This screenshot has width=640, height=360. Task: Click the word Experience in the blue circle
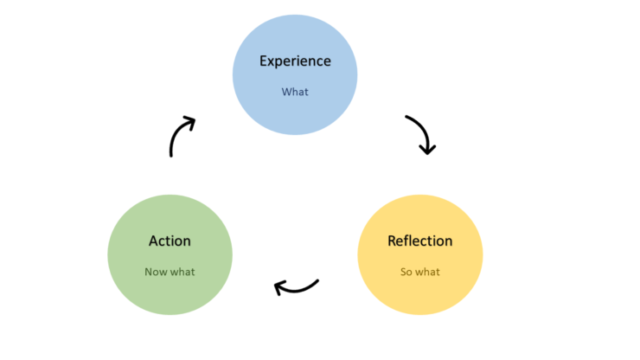[x=295, y=61]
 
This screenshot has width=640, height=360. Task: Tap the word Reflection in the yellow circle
[x=419, y=241]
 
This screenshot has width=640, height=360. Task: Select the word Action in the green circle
[x=170, y=241]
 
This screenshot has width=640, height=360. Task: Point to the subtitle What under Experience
[x=295, y=91]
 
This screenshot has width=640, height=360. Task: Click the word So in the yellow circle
[x=406, y=272]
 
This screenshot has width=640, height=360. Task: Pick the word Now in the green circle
[x=156, y=272]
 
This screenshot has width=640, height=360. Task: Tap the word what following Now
[x=182, y=272]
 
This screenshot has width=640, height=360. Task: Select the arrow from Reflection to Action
[x=297, y=286]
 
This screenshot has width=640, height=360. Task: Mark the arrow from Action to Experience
[x=179, y=136]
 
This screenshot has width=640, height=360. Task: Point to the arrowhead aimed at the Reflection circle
[x=427, y=149]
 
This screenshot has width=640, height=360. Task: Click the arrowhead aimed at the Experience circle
[x=189, y=122]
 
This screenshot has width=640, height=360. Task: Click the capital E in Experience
[x=264, y=61]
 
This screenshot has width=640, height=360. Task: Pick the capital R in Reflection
[x=392, y=241]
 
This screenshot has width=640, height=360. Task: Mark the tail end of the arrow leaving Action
[x=171, y=156]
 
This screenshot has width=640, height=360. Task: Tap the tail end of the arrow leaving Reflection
[x=318, y=280]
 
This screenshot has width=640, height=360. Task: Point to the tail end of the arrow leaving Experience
[x=406, y=117]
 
